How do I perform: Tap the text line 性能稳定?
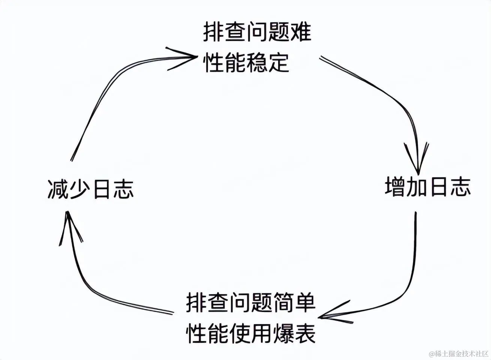tap(246, 62)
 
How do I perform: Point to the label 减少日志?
tap(91, 189)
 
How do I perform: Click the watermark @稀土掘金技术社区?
tap(459, 354)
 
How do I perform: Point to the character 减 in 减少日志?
tap(58, 189)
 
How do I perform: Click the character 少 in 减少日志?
tap(80, 189)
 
